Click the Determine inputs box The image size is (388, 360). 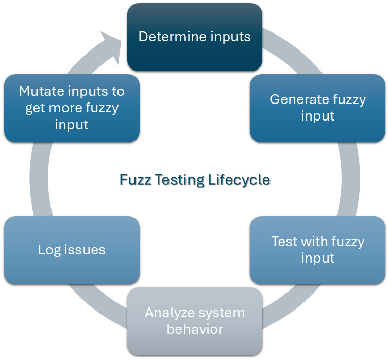[x=195, y=37]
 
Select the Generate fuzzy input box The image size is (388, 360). [x=317, y=108]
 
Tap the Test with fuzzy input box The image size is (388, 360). [x=317, y=250]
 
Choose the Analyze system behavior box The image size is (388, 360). [x=195, y=320]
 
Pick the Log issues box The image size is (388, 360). [x=72, y=250]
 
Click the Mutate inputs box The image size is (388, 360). [x=72, y=108]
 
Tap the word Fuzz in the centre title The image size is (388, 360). [x=133, y=180]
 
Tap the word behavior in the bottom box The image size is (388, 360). [x=195, y=329]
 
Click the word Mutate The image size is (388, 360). [x=39, y=92]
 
